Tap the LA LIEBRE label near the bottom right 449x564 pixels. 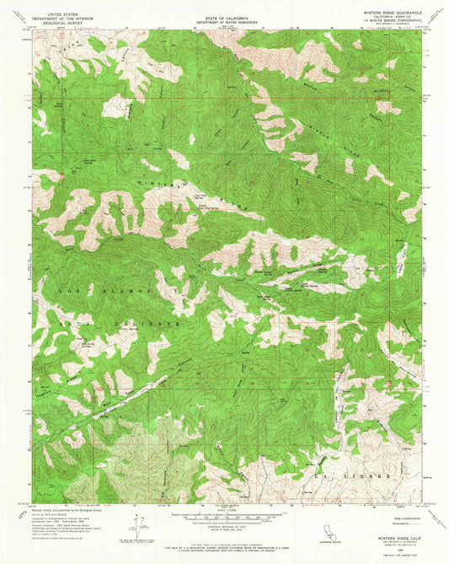387,477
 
